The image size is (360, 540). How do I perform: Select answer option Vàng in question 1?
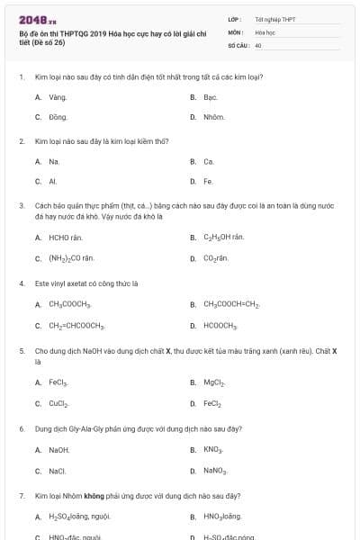58,96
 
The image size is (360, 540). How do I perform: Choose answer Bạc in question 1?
211,96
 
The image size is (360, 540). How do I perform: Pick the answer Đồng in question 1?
58,117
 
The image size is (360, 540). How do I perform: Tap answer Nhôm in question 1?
214,117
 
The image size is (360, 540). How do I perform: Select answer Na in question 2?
54,162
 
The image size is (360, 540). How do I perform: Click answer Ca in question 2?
209,162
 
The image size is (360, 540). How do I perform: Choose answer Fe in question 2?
208,182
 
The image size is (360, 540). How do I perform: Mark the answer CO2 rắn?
216,258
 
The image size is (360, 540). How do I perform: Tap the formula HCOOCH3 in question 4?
220,325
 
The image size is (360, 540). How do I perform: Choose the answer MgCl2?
214,382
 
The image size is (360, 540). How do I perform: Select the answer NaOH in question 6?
59,449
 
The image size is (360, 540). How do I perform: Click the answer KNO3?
213,449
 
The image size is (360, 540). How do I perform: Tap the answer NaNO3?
216,471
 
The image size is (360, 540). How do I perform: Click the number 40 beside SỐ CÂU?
258,45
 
